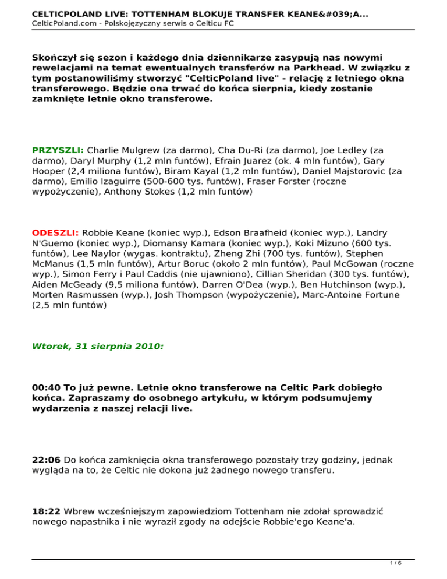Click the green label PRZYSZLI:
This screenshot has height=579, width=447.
coord(58,150)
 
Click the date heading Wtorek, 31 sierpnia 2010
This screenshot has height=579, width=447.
coord(98,345)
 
